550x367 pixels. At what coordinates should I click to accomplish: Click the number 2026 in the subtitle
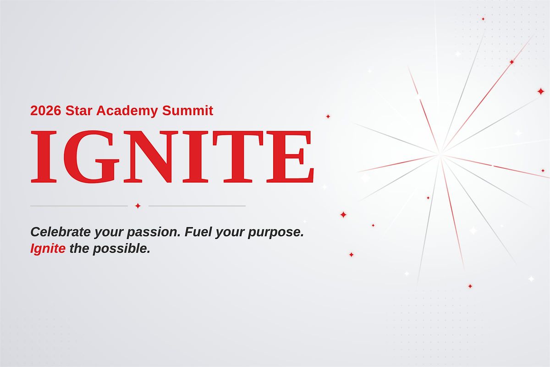(45, 111)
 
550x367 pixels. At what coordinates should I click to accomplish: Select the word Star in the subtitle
(79, 111)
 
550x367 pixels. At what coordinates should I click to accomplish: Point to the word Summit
(187, 111)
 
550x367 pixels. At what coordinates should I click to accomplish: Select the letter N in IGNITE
(150, 156)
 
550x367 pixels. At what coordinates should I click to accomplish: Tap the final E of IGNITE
(290, 156)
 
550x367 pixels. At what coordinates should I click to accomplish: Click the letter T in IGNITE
(238, 156)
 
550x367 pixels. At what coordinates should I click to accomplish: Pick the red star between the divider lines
(138, 206)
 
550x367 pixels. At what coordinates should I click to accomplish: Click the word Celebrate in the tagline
(60, 232)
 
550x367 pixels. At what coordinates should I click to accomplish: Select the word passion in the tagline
(154, 233)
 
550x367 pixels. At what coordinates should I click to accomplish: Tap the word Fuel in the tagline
(198, 232)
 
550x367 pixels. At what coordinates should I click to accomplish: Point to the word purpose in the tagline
(276, 233)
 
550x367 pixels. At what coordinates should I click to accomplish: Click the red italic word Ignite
(48, 249)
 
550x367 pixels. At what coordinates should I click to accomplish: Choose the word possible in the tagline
(121, 249)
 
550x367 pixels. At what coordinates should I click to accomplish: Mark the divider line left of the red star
(79, 206)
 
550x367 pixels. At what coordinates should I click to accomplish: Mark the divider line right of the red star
(197, 206)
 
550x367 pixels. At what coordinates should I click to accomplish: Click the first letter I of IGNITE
(44, 156)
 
